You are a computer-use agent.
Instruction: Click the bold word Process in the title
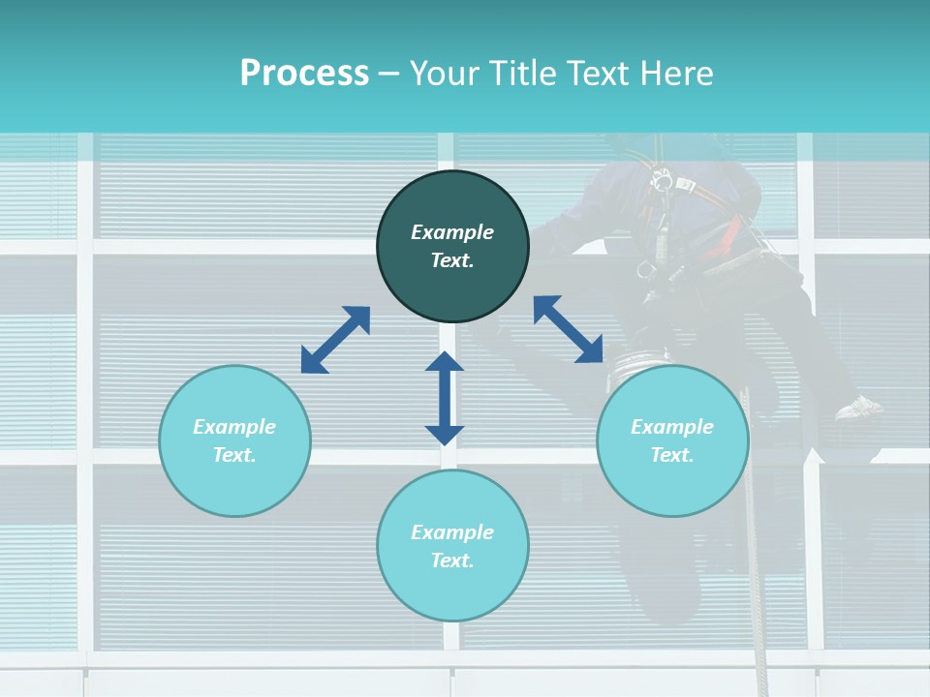pos(304,74)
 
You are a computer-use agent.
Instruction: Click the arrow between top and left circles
pos(335,340)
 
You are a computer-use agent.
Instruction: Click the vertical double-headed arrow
pos(445,398)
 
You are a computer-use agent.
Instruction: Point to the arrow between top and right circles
pos(569,329)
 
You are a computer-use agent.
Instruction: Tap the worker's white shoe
pos(858,408)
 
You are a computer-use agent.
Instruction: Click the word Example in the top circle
pos(452,232)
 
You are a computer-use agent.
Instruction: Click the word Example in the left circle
pos(234,427)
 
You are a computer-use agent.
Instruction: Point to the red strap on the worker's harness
pos(732,233)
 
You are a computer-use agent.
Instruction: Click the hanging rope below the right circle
pos(755,581)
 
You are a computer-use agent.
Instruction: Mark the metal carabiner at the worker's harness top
pos(663,180)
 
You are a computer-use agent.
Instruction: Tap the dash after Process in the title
pos(388,74)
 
